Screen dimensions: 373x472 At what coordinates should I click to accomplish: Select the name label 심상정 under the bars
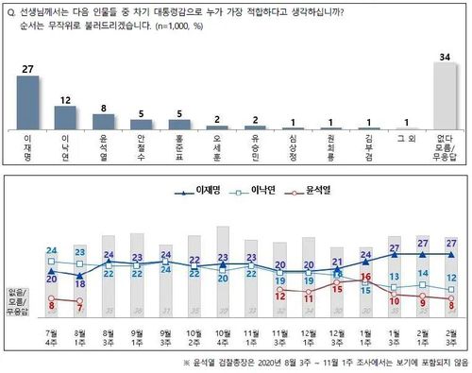(292, 148)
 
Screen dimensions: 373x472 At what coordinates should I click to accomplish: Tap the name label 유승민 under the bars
(254, 148)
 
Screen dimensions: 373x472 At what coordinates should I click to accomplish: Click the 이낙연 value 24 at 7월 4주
(52, 250)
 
